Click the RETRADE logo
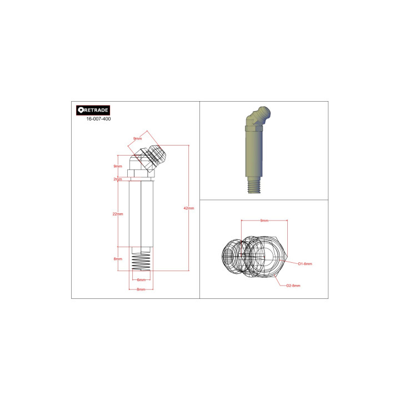[93, 110]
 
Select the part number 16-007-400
[98, 119]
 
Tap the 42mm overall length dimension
[188, 208]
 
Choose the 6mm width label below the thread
[141, 279]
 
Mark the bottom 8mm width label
[141, 289]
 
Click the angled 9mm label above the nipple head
[137, 139]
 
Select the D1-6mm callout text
[305, 263]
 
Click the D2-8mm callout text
[293, 286]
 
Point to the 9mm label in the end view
[264, 221]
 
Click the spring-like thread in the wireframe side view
[142, 261]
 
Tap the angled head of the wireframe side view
[150, 158]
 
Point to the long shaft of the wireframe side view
[141, 214]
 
